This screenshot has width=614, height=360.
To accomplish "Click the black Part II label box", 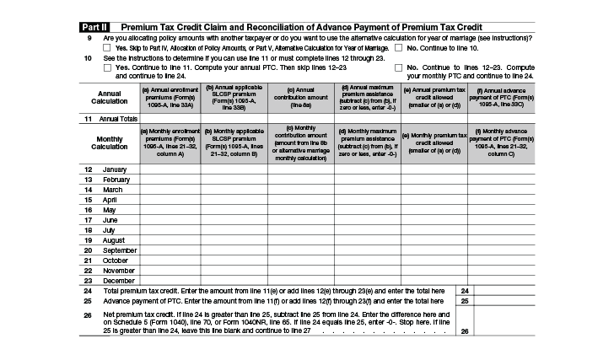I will click(x=96, y=27).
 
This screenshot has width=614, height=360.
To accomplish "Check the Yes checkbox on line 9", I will click(x=106, y=48).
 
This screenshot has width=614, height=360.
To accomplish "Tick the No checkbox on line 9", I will click(x=398, y=48).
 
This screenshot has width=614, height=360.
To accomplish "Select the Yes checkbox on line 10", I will click(x=106, y=67).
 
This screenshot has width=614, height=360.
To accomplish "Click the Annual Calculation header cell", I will click(x=110, y=97).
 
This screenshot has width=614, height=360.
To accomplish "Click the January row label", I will click(x=115, y=169).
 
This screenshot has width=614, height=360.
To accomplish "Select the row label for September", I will click(x=120, y=250).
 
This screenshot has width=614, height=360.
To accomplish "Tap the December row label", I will click(x=118, y=281).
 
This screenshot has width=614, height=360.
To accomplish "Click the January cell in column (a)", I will click(x=170, y=169).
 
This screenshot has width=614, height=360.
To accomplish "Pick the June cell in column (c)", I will click(x=301, y=220).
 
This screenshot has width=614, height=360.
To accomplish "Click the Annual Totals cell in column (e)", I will click(x=434, y=119).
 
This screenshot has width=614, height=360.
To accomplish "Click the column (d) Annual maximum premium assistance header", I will click(x=367, y=97).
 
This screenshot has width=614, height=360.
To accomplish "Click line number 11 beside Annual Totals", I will click(x=88, y=119).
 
